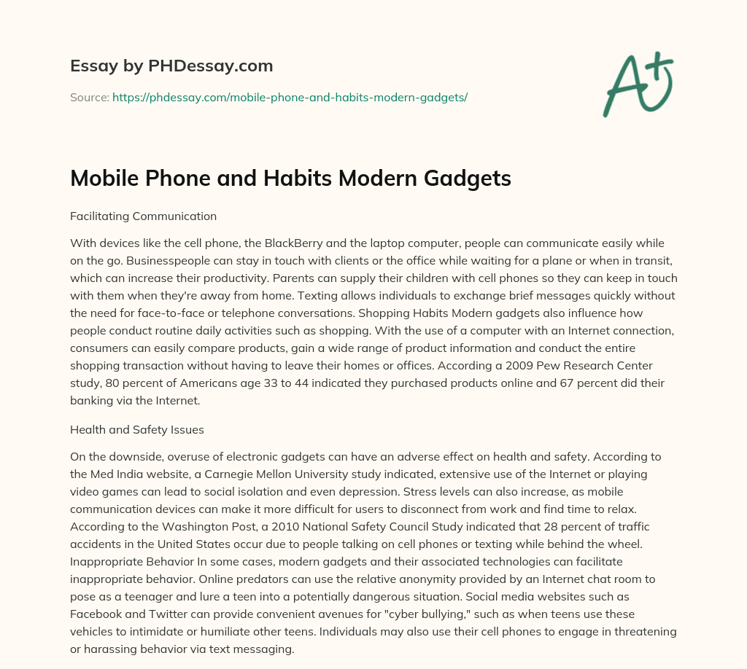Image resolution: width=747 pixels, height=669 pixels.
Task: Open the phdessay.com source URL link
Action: click(x=290, y=97)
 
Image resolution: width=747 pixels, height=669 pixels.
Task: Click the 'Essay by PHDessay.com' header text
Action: click(x=171, y=66)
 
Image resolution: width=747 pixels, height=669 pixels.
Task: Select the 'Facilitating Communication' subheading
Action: click(x=143, y=216)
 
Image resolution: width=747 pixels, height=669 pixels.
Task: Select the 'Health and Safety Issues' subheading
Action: click(x=137, y=430)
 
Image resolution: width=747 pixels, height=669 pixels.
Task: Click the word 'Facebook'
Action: click(x=98, y=614)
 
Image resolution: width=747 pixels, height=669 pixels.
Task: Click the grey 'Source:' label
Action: click(x=90, y=97)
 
